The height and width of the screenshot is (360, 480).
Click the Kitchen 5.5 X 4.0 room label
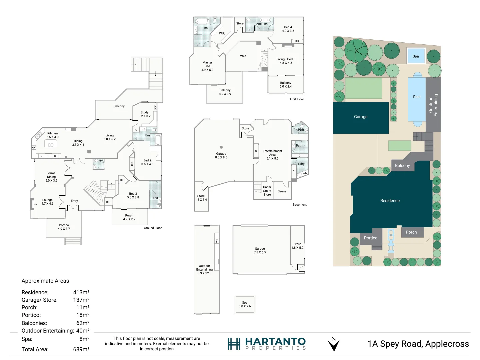(52, 135)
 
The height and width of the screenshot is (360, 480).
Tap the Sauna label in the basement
(282, 191)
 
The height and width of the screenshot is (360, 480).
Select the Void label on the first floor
(243, 56)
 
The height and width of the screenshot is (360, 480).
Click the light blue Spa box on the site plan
(416, 56)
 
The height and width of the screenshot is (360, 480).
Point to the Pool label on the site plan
(417, 97)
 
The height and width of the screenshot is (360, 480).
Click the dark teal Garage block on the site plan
(361, 117)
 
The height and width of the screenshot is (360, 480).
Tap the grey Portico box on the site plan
(371, 238)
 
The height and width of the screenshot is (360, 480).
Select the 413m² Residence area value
(81, 292)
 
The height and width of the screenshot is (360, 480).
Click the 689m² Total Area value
(81, 349)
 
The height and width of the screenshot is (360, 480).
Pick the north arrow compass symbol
(334, 344)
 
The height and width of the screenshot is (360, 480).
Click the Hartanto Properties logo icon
(234, 344)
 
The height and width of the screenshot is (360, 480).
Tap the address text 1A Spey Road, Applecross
(418, 344)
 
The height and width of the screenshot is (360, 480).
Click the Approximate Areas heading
(45, 281)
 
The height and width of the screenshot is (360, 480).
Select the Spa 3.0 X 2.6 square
(245, 304)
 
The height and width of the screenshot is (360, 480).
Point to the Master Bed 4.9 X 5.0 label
(207, 66)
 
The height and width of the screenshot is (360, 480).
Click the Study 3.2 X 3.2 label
(144, 114)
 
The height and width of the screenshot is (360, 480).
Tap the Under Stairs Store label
(267, 191)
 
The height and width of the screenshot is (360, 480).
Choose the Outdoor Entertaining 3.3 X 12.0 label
(204, 269)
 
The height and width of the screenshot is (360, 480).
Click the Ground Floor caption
(153, 228)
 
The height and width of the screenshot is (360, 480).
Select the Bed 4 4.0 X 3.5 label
(288, 29)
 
